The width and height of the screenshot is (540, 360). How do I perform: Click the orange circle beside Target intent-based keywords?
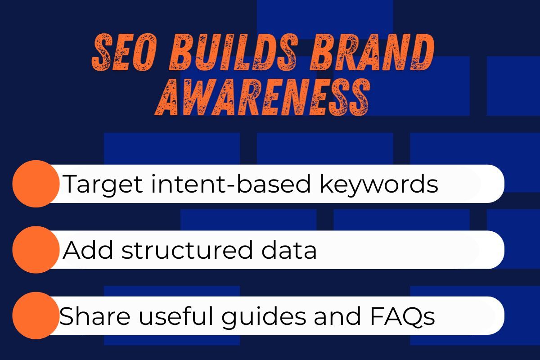coord(36,184)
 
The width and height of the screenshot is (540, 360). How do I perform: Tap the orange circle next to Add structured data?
coord(36,250)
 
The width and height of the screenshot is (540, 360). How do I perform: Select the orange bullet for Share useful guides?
coord(36,315)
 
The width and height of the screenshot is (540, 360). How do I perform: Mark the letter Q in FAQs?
coord(414,316)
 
